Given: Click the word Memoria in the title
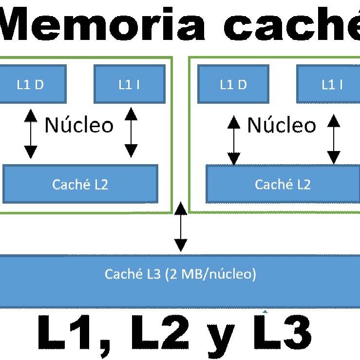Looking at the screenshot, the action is [x=102, y=23].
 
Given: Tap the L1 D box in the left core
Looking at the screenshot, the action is [x=33, y=84].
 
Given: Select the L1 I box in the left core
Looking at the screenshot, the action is [x=130, y=84].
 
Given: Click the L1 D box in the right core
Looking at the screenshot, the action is [x=233, y=84].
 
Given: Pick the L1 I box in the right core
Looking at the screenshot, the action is [x=328, y=84].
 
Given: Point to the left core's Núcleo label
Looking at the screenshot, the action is [x=79, y=125].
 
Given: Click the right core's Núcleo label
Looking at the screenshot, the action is [x=282, y=125].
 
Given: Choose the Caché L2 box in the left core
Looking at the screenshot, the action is [x=80, y=184].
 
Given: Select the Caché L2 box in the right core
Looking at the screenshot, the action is [x=283, y=184].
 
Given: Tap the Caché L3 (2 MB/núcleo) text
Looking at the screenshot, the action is [x=180, y=274].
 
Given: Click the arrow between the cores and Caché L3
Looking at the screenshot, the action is [x=181, y=227].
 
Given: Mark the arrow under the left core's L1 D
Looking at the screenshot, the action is [x=31, y=134].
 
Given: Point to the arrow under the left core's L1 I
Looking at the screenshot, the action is [x=131, y=133].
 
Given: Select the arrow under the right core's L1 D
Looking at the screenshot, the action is [x=234, y=140].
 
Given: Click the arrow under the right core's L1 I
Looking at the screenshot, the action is [x=334, y=139].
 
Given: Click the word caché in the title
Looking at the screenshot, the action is [x=292, y=23].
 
